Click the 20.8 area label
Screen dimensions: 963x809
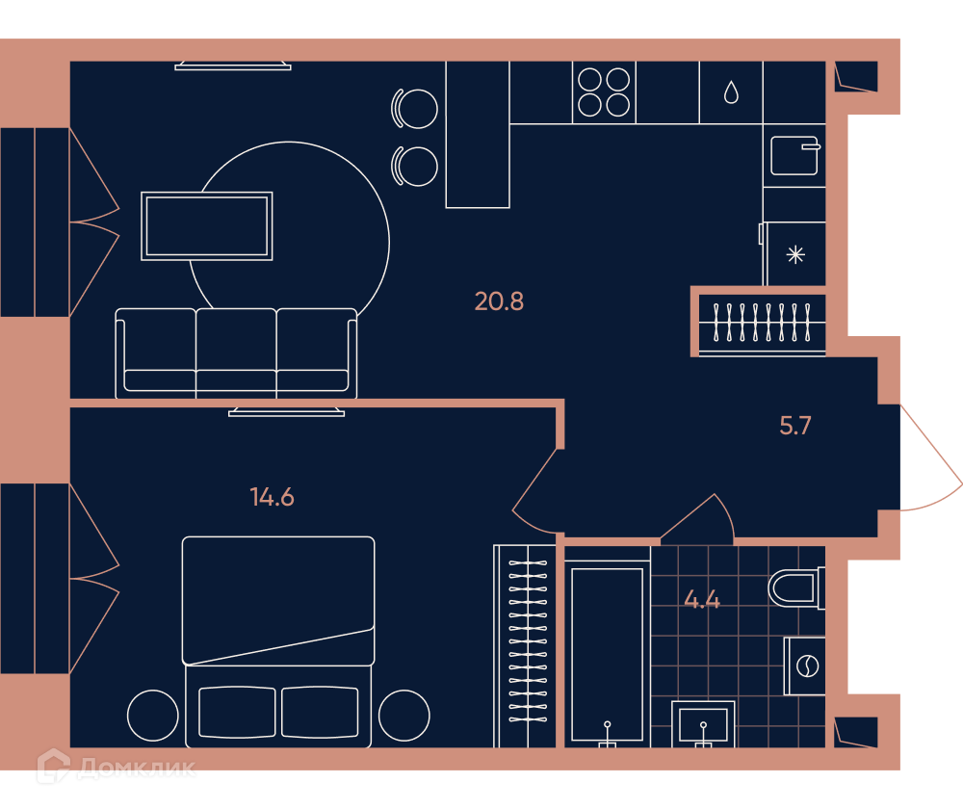coord(499,301)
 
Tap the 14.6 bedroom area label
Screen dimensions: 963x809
coord(273,497)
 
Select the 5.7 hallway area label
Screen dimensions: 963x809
coord(795,425)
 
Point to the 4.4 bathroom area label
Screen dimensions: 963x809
coord(702,599)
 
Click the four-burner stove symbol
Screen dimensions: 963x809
coord(604,92)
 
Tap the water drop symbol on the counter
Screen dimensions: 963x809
coord(731,92)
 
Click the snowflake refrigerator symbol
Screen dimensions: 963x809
coord(795,254)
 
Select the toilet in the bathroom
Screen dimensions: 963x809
coord(796,588)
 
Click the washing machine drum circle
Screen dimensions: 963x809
coord(807,665)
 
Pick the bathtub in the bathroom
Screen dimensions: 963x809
coord(607,654)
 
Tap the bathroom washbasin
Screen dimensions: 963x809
coord(703,724)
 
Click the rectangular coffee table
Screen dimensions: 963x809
coord(207,226)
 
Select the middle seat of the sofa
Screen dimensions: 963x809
coord(237,352)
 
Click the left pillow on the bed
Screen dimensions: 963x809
coord(237,712)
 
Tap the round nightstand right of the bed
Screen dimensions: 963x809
coord(404,715)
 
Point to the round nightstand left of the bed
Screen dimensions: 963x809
coord(153,715)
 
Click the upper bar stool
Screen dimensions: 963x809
coord(414,109)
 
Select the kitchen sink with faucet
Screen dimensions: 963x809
coord(795,155)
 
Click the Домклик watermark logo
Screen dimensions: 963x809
coord(117,767)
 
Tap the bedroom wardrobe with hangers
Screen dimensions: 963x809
coord(526,645)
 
